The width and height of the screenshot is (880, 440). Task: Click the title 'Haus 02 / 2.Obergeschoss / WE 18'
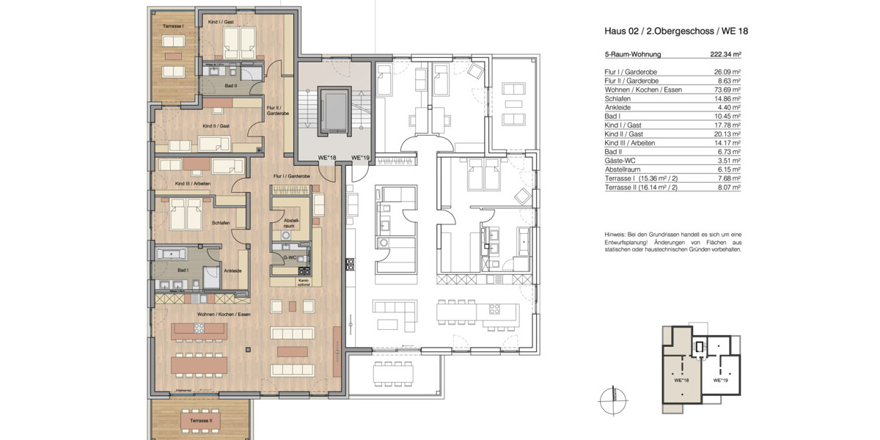tap(675, 31)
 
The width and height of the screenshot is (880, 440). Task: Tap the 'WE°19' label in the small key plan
tap(720, 381)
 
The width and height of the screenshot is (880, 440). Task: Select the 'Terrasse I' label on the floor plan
tap(172, 26)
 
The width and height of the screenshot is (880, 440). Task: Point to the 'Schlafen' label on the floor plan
tap(221, 223)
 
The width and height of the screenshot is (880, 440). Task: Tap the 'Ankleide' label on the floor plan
tap(232, 271)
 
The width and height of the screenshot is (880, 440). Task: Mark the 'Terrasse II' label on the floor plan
tap(200, 421)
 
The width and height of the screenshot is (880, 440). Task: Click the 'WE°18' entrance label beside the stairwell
tap(326, 158)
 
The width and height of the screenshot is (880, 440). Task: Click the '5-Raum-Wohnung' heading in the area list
tap(633, 54)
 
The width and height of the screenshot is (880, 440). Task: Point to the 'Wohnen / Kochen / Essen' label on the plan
tap(224, 314)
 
